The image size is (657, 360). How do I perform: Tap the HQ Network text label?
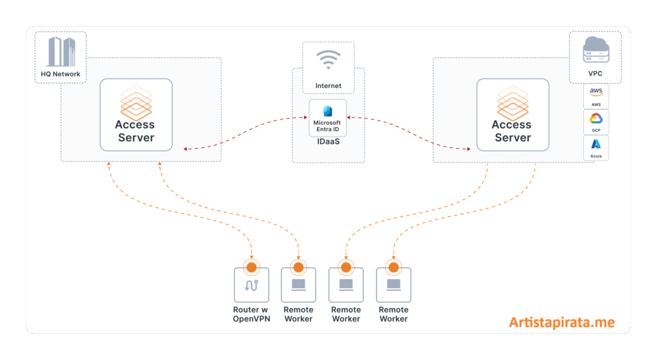pos(61,74)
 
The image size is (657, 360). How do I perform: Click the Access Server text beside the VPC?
pos(511,131)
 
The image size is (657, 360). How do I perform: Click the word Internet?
pos(328,86)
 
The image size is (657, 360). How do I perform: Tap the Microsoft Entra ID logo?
pos(327,110)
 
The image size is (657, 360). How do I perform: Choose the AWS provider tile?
pos(596,96)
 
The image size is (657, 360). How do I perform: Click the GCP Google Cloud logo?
pos(596,119)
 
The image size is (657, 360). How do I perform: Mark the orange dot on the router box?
pos(252,267)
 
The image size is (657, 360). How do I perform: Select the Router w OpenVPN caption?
pos(252,314)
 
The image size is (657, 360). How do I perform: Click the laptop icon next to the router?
pos(298,284)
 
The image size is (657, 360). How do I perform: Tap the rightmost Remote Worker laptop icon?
pos(393,284)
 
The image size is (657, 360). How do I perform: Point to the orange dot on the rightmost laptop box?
pos(393,267)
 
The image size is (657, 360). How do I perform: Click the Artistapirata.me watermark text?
pos(562,322)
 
